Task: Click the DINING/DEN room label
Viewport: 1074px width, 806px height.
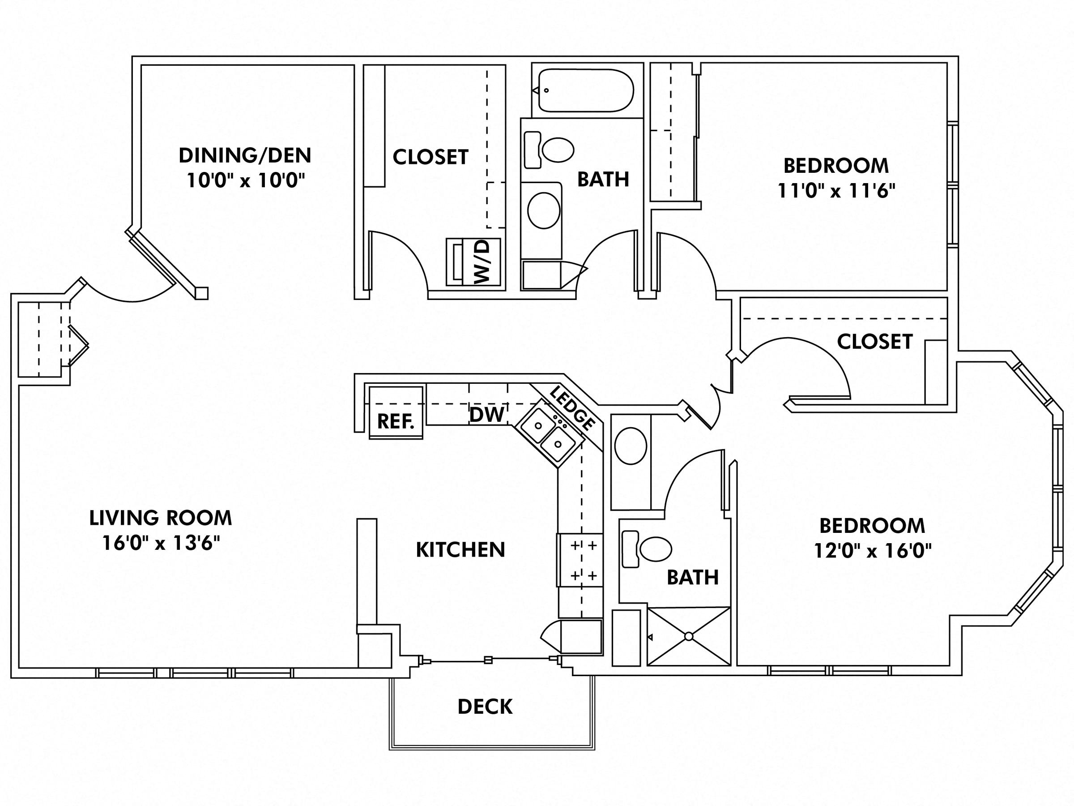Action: click(245, 155)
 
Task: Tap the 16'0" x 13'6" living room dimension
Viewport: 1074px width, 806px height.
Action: click(161, 543)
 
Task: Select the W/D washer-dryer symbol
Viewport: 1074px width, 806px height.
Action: click(473, 262)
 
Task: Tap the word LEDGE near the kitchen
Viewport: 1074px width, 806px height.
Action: click(572, 408)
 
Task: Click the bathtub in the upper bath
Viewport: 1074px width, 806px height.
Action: click(585, 90)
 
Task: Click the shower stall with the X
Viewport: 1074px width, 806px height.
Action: click(689, 636)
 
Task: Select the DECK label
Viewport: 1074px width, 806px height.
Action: click(485, 707)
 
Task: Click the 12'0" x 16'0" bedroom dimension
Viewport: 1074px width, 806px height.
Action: click(873, 551)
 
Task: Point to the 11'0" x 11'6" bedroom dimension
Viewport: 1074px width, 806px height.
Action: click(836, 190)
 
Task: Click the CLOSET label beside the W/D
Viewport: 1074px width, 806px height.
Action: click(430, 157)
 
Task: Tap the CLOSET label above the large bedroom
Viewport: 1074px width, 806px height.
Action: click(874, 342)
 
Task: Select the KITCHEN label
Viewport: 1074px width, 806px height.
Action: click(460, 549)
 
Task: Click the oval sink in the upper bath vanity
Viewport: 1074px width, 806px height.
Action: click(543, 210)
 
